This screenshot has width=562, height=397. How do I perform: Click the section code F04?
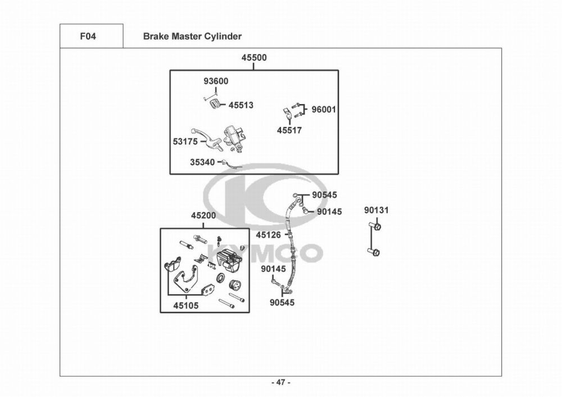click(x=88, y=37)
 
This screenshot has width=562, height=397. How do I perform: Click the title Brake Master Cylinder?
click(x=192, y=37)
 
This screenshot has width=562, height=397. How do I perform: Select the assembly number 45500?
click(x=254, y=58)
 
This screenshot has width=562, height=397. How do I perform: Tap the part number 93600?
click(x=216, y=82)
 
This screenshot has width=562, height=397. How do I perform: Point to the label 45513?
click(x=241, y=105)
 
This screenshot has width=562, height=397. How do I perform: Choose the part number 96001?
click(x=324, y=110)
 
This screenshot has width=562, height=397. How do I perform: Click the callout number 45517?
click(x=289, y=130)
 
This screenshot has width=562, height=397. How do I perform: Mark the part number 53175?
click(x=185, y=142)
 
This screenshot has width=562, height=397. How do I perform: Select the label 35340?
click(x=202, y=162)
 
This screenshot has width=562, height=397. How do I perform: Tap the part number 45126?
click(x=268, y=234)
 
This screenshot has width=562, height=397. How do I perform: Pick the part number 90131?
click(x=376, y=210)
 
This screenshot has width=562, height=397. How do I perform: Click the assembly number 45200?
click(x=203, y=216)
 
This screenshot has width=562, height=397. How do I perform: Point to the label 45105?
click(x=185, y=306)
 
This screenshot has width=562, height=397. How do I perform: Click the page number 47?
click(x=281, y=383)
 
